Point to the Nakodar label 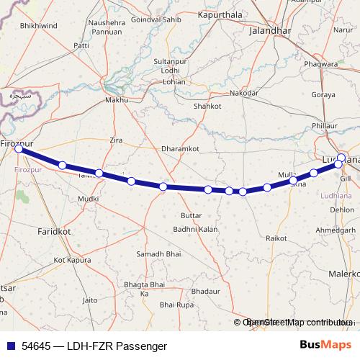(243, 94)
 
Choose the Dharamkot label (179, 148)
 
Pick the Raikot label (276, 237)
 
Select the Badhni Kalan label (195, 229)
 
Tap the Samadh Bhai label (159, 255)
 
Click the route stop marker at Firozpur (19, 150)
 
